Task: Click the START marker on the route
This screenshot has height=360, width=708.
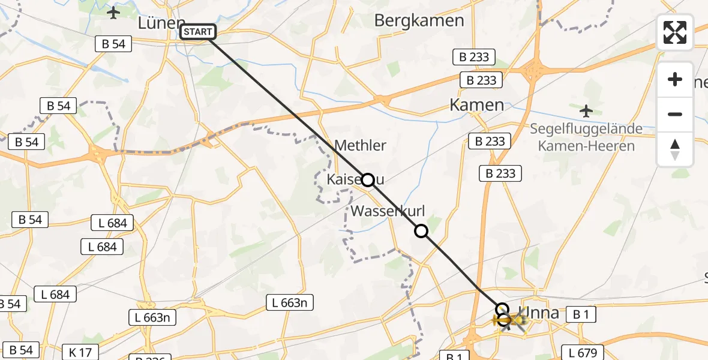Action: click(197, 32)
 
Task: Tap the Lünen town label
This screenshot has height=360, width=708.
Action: click(161, 23)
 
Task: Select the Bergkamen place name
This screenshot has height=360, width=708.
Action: click(419, 20)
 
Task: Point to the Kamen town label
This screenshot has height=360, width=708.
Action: click(477, 105)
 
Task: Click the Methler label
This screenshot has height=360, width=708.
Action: click(360, 145)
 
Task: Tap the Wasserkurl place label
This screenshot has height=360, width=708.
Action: click(388, 211)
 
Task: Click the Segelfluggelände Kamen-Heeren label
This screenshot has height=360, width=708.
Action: click(586, 137)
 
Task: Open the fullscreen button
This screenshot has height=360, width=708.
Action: click(675, 32)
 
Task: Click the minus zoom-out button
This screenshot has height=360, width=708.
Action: click(675, 114)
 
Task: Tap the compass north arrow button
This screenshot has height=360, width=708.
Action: click(675, 149)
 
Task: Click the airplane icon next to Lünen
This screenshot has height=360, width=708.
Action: click(113, 12)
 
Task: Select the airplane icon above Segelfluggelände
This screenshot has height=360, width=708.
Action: click(586, 111)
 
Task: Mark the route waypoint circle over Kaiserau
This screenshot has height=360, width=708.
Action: click(368, 179)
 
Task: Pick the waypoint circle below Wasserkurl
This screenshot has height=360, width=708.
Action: click(421, 230)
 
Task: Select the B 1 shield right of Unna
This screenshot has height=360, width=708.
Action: click(580, 314)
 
